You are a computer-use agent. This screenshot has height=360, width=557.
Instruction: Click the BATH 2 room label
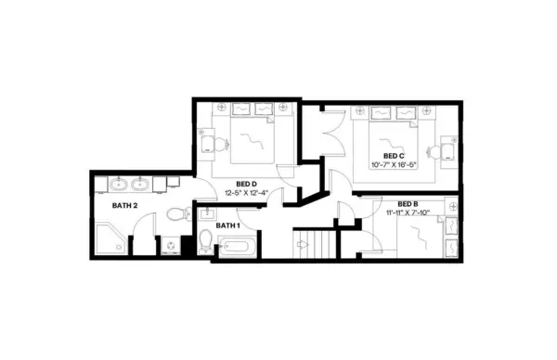(x=125, y=205)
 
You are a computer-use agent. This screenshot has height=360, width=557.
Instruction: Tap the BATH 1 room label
(x=227, y=225)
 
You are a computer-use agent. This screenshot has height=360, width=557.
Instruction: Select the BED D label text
(x=246, y=183)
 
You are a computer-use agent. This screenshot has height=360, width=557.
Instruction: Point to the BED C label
(x=394, y=155)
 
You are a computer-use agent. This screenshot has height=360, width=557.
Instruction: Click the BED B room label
(x=407, y=203)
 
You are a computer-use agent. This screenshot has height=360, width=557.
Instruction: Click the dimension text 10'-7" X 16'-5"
(x=394, y=165)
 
